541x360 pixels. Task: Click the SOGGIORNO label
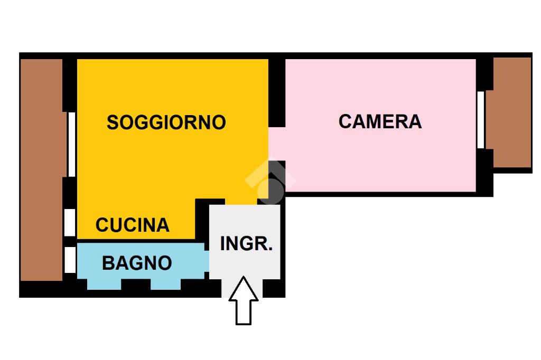tap(166, 122)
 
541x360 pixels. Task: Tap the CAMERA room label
tap(380, 121)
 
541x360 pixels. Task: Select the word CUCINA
tap(133, 225)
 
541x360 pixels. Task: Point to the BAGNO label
tap(137, 262)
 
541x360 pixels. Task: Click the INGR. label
tap(246, 244)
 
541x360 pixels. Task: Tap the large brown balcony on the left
tap(41, 169)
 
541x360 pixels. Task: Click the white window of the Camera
tap(481, 120)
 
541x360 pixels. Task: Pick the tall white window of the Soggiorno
tap(71, 144)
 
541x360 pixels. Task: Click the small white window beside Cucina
tap(69, 222)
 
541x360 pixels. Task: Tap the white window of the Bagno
tap(69, 260)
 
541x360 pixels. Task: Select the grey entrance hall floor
tap(245, 264)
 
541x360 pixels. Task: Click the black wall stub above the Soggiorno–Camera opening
tap(276, 92)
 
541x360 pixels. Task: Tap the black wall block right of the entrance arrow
tap(274, 288)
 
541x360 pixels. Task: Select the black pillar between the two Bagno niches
tap(136, 285)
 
